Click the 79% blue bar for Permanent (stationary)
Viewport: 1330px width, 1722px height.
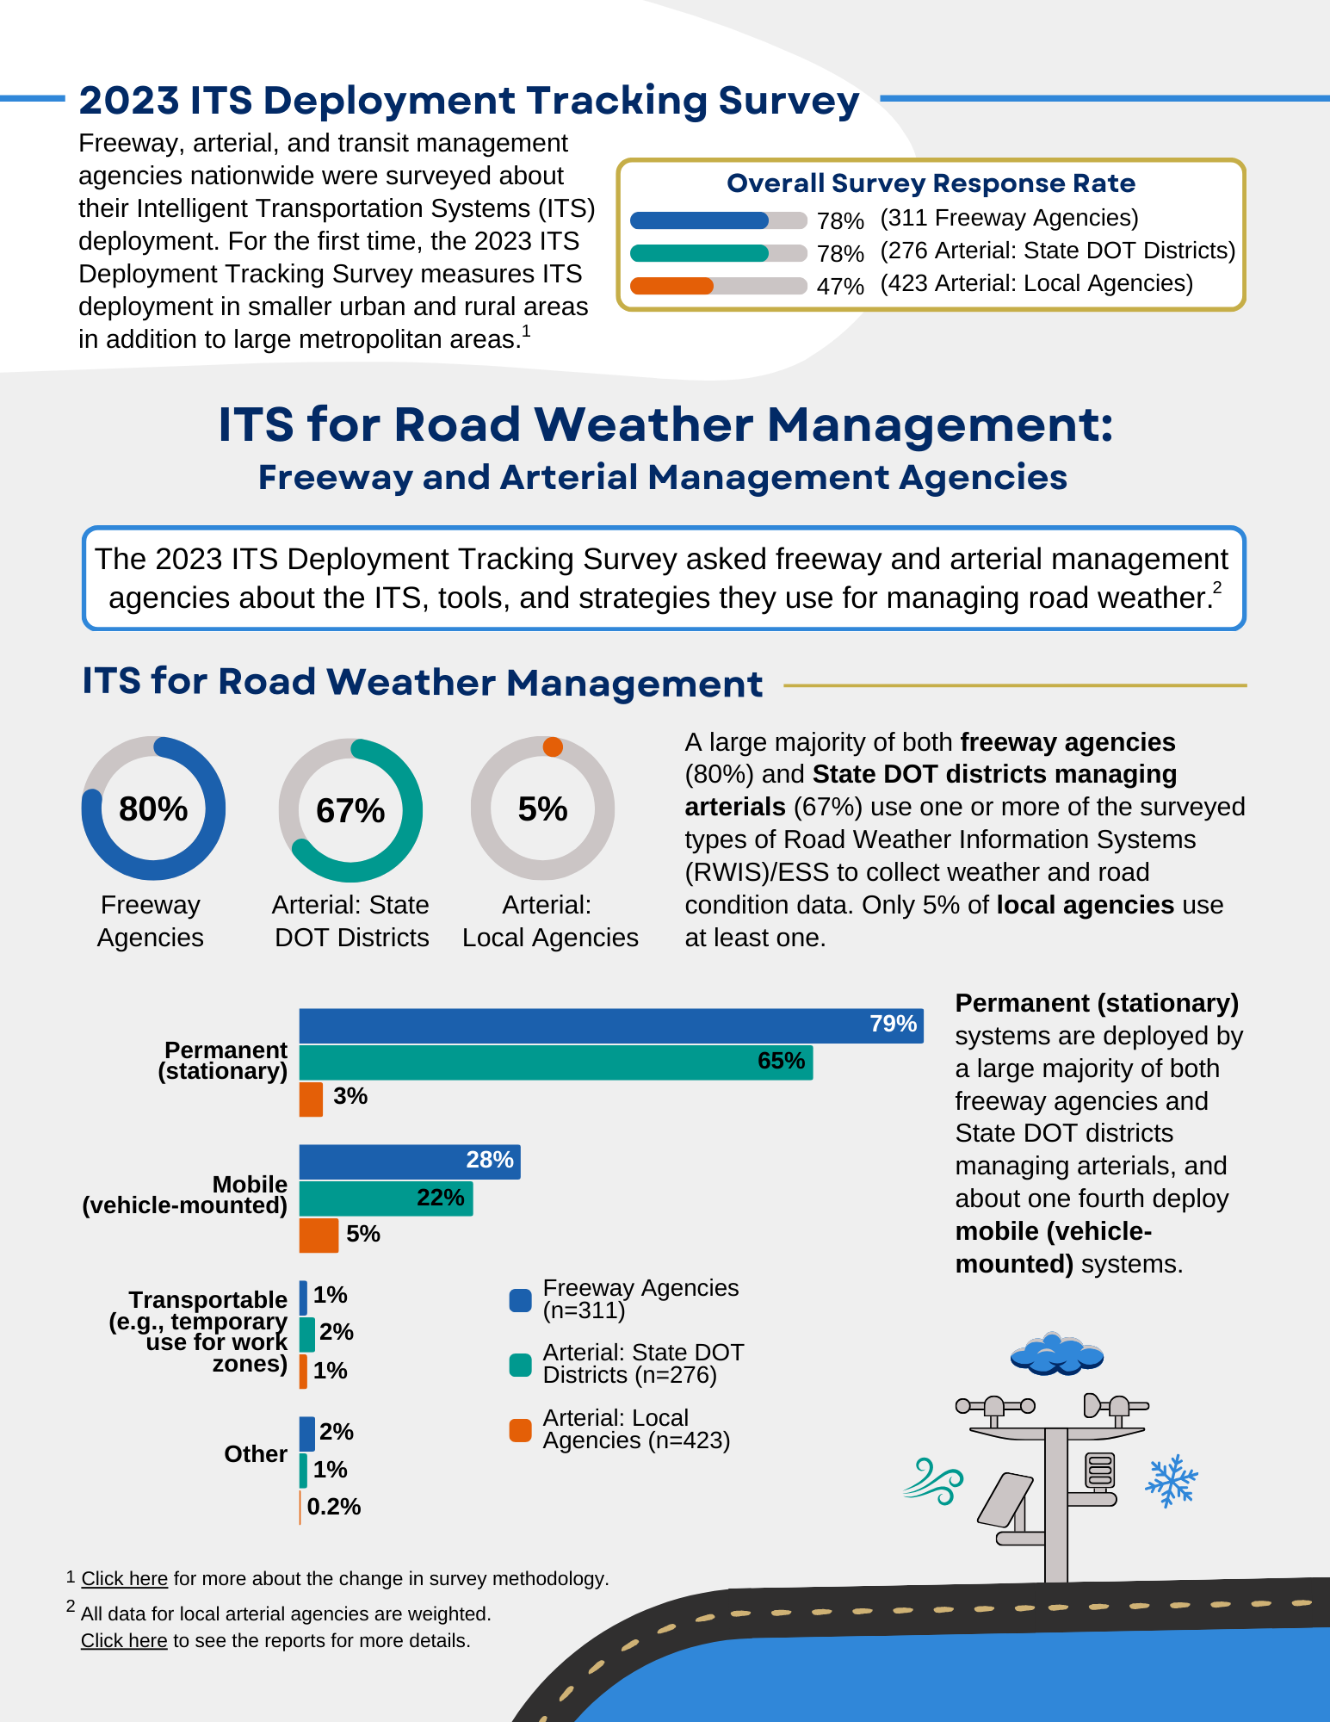pos(611,1025)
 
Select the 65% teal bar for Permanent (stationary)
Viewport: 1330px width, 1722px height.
pos(555,1062)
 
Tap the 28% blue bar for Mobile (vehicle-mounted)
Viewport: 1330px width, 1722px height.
pos(409,1161)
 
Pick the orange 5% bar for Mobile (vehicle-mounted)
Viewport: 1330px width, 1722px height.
pos(319,1235)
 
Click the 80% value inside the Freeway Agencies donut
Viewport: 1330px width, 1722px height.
pos(153,809)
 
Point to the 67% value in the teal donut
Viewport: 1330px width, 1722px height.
pos(350,811)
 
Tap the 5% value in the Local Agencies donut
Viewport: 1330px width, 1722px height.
pos(542,809)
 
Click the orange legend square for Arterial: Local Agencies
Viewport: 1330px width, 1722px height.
pos(520,1430)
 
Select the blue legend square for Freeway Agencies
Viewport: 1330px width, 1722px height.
pos(520,1300)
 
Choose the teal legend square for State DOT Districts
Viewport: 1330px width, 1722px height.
pos(520,1365)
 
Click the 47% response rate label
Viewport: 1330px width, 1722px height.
pos(840,286)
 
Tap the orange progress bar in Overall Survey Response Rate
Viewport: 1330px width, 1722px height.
pos(672,286)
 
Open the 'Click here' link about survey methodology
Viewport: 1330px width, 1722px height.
pos(125,1578)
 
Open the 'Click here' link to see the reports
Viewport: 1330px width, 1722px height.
pos(124,1640)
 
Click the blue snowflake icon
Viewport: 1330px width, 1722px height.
pos(1171,1481)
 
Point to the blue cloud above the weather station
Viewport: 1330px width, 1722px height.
pos(1056,1353)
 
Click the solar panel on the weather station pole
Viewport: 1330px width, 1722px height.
pos(1005,1499)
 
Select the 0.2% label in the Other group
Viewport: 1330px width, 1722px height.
pos(333,1507)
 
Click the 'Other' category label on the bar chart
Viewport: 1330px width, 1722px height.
pos(256,1454)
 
